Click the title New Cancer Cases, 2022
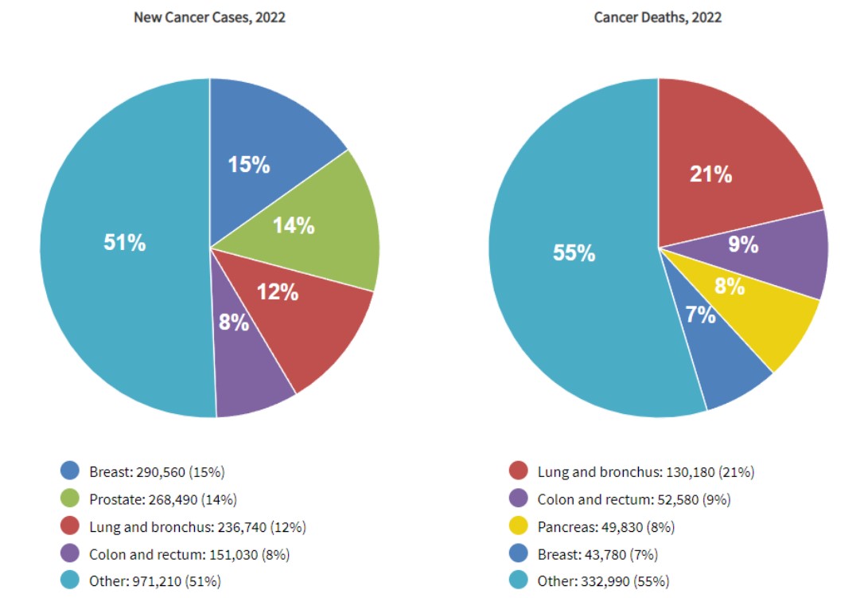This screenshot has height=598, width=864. click(x=209, y=18)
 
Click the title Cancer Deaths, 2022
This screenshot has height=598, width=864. click(x=658, y=18)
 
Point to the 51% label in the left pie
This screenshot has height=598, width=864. click(x=125, y=243)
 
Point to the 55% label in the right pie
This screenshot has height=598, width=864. click(x=574, y=253)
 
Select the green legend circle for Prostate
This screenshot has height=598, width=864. click(x=70, y=499)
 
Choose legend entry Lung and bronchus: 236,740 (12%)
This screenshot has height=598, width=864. click(x=197, y=526)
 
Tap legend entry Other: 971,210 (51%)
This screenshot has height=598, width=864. click(x=155, y=581)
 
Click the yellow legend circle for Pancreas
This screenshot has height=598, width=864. click(x=519, y=526)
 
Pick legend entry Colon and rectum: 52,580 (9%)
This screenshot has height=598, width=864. click(x=634, y=499)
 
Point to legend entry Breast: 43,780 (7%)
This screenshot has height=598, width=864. click(x=597, y=554)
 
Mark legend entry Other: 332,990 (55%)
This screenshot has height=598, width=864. click(x=603, y=581)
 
